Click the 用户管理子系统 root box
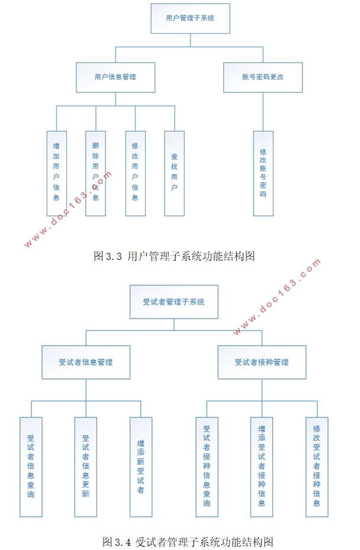190,18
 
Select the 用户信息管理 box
115,78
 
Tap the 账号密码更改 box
263,78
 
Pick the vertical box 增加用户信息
56,173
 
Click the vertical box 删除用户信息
95,173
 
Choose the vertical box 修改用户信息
135,173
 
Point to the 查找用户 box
174,173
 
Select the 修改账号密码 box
263,173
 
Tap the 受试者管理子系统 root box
173,302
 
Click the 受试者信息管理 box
86,362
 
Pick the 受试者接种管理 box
262,362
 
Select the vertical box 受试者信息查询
31,467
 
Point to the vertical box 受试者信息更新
86,467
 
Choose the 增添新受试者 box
141,467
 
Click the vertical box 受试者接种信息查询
207,467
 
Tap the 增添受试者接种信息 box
262,467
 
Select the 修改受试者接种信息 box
317,467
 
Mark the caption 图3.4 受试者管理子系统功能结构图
188,541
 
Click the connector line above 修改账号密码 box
263,112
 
